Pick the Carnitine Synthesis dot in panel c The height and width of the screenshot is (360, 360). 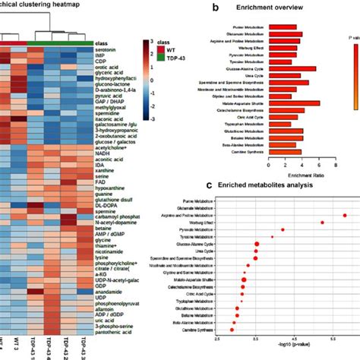[232, 330]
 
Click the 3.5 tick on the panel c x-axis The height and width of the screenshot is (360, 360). [257, 340]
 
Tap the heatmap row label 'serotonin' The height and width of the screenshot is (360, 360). [106, 49]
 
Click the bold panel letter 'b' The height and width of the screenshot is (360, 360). [196, 9]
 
